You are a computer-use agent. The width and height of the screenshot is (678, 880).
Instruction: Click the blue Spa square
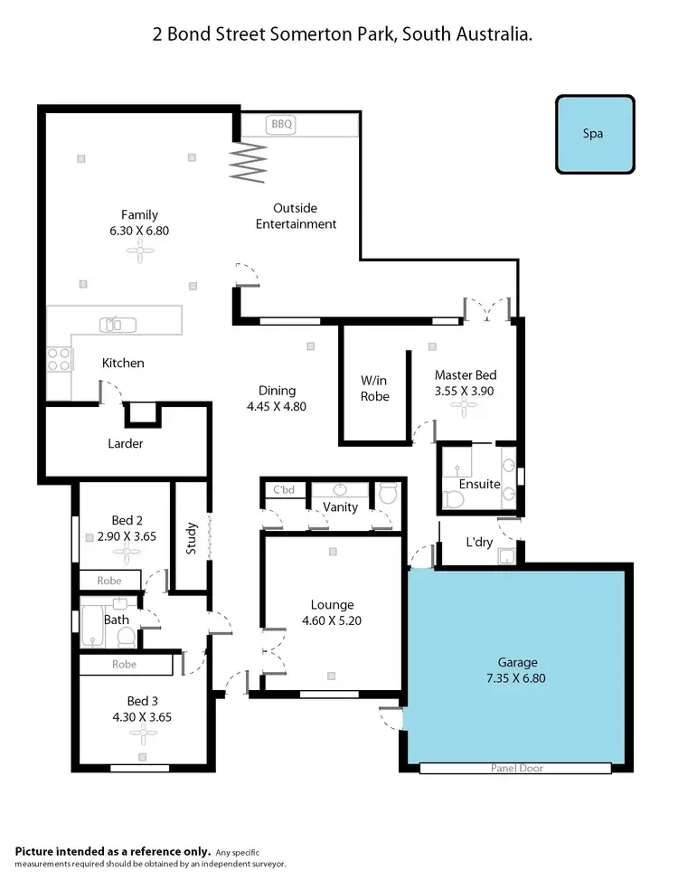593,134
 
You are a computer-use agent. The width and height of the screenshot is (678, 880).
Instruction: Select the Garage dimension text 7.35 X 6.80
516,677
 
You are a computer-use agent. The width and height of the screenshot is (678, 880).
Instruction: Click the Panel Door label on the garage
517,769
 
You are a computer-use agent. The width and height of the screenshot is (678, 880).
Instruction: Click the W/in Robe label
375,388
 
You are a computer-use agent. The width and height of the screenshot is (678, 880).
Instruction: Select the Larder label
126,444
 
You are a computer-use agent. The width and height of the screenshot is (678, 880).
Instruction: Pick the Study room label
192,538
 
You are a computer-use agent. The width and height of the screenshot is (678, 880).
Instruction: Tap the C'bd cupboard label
285,490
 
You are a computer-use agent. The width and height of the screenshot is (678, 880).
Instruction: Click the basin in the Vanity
341,489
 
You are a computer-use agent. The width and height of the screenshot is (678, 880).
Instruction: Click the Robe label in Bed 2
110,580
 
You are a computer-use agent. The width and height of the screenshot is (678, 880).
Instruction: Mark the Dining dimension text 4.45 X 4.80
278,407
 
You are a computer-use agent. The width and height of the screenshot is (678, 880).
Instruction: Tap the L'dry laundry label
478,543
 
